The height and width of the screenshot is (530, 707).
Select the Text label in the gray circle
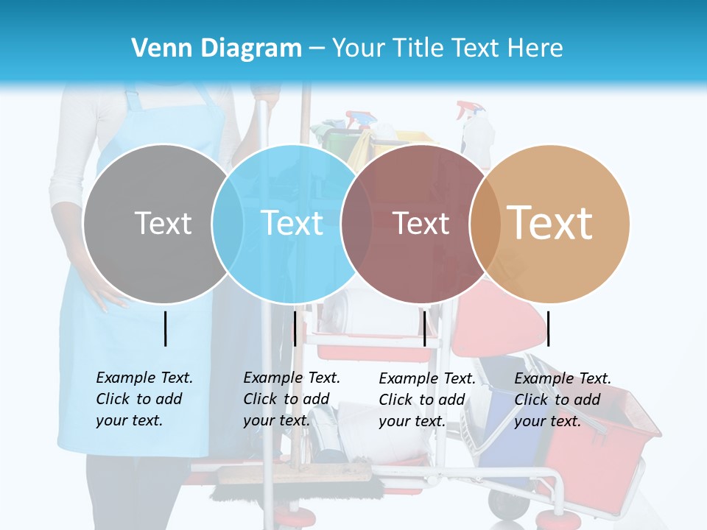tap(163, 223)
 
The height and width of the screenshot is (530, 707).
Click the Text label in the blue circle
tap(292, 223)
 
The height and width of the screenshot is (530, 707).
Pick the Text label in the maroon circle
tap(421, 223)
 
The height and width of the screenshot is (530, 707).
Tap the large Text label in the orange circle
tap(550, 223)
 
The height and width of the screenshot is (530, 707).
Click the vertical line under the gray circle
tap(165, 328)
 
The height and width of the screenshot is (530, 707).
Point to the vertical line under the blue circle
tap(295, 328)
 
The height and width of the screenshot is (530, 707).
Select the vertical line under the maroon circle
tap(424, 328)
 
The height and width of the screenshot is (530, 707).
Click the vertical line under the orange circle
tap(548, 328)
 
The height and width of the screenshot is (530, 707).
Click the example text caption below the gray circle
tap(144, 399)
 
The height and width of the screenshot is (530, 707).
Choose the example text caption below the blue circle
tap(292, 399)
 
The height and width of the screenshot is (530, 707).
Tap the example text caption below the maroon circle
tap(427, 400)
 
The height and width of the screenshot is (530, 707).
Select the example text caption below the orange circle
tap(563, 400)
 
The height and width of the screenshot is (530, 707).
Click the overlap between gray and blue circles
tap(228, 223)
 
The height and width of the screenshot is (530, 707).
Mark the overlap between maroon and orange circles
tap(485, 223)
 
